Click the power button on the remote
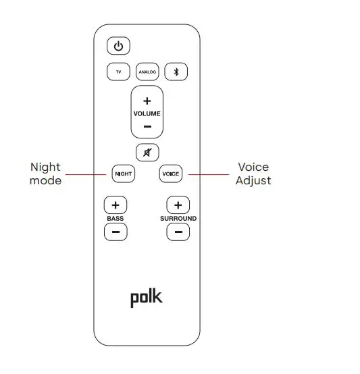[118, 47]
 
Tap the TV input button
[118, 72]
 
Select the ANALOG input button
[147, 72]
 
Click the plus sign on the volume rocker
[147, 101]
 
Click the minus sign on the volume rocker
[147, 126]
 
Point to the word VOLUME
[147, 113]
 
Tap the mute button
[147, 152]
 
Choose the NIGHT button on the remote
[123, 173]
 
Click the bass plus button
[115, 205]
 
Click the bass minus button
[115, 232]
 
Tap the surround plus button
[178, 205]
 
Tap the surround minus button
[178, 232]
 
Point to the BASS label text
[115, 219]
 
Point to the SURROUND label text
[178, 219]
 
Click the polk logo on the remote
[147, 298]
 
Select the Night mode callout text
[45, 173]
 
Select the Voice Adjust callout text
[253, 173]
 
